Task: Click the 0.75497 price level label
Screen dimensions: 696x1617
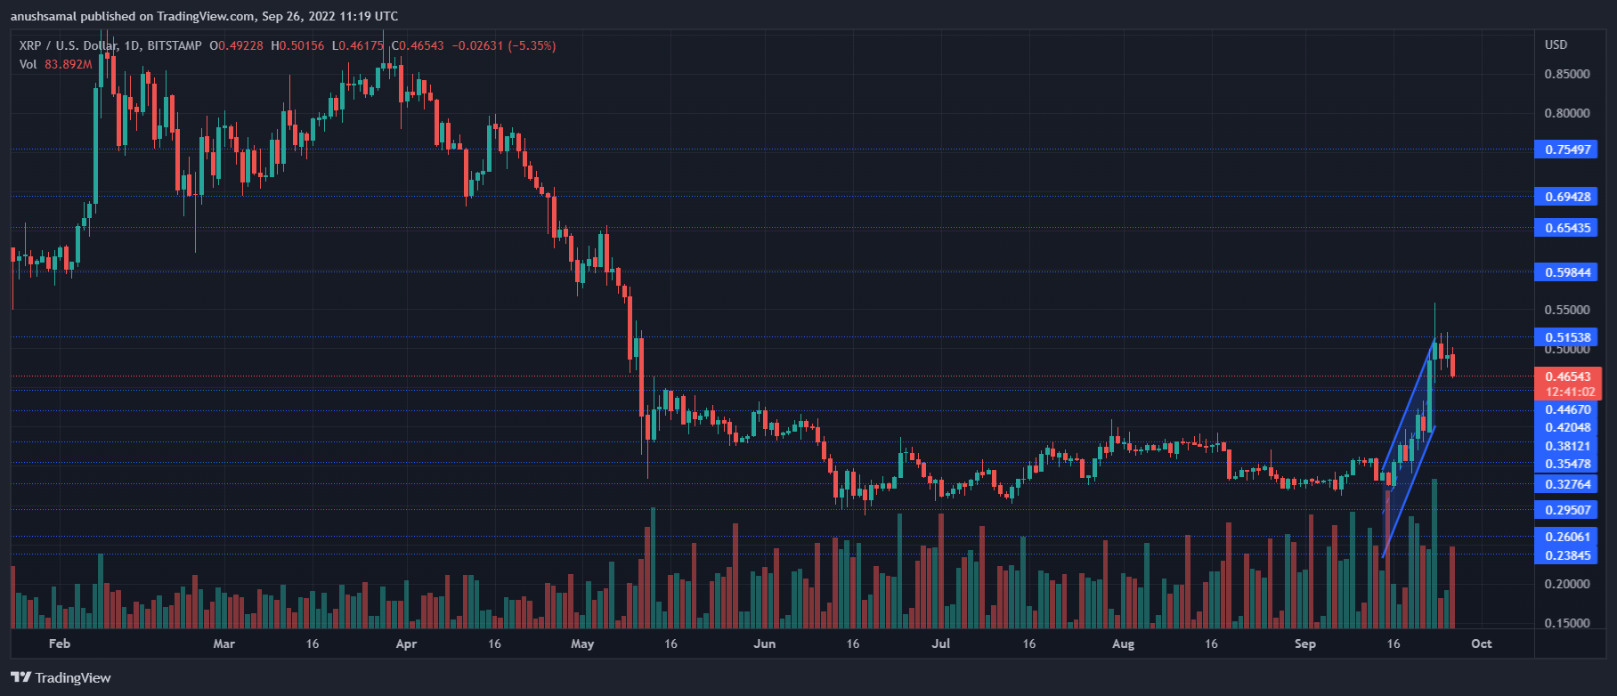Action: [x=1566, y=150]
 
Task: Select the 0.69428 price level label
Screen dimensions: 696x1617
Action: [x=1566, y=197]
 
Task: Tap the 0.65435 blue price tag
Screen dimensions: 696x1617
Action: [x=1566, y=228]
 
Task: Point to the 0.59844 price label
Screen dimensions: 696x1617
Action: [x=1566, y=272]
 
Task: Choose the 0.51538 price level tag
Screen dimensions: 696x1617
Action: [x=1566, y=337]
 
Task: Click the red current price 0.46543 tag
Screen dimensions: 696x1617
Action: [x=1566, y=376]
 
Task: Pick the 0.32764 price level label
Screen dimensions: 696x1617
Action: [x=1566, y=484]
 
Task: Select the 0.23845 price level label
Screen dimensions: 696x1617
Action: [x=1566, y=555]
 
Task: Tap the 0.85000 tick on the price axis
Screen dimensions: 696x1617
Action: [x=1566, y=74]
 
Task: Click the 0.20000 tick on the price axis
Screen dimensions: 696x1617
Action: [x=1566, y=584]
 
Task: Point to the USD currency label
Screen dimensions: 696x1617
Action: [x=1556, y=45]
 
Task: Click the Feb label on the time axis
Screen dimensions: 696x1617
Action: [x=60, y=643]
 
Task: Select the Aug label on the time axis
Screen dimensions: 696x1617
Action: [x=1123, y=643]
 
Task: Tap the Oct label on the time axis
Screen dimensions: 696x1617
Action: [x=1481, y=643]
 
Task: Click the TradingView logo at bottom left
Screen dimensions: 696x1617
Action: [x=61, y=677]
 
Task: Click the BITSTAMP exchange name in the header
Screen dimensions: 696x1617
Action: [x=175, y=45]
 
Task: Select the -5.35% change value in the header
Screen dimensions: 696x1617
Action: [x=532, y=45]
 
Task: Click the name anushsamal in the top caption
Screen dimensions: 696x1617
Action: [x=44, y=16]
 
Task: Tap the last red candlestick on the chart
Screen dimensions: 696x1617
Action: [x=1452, y=364]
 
